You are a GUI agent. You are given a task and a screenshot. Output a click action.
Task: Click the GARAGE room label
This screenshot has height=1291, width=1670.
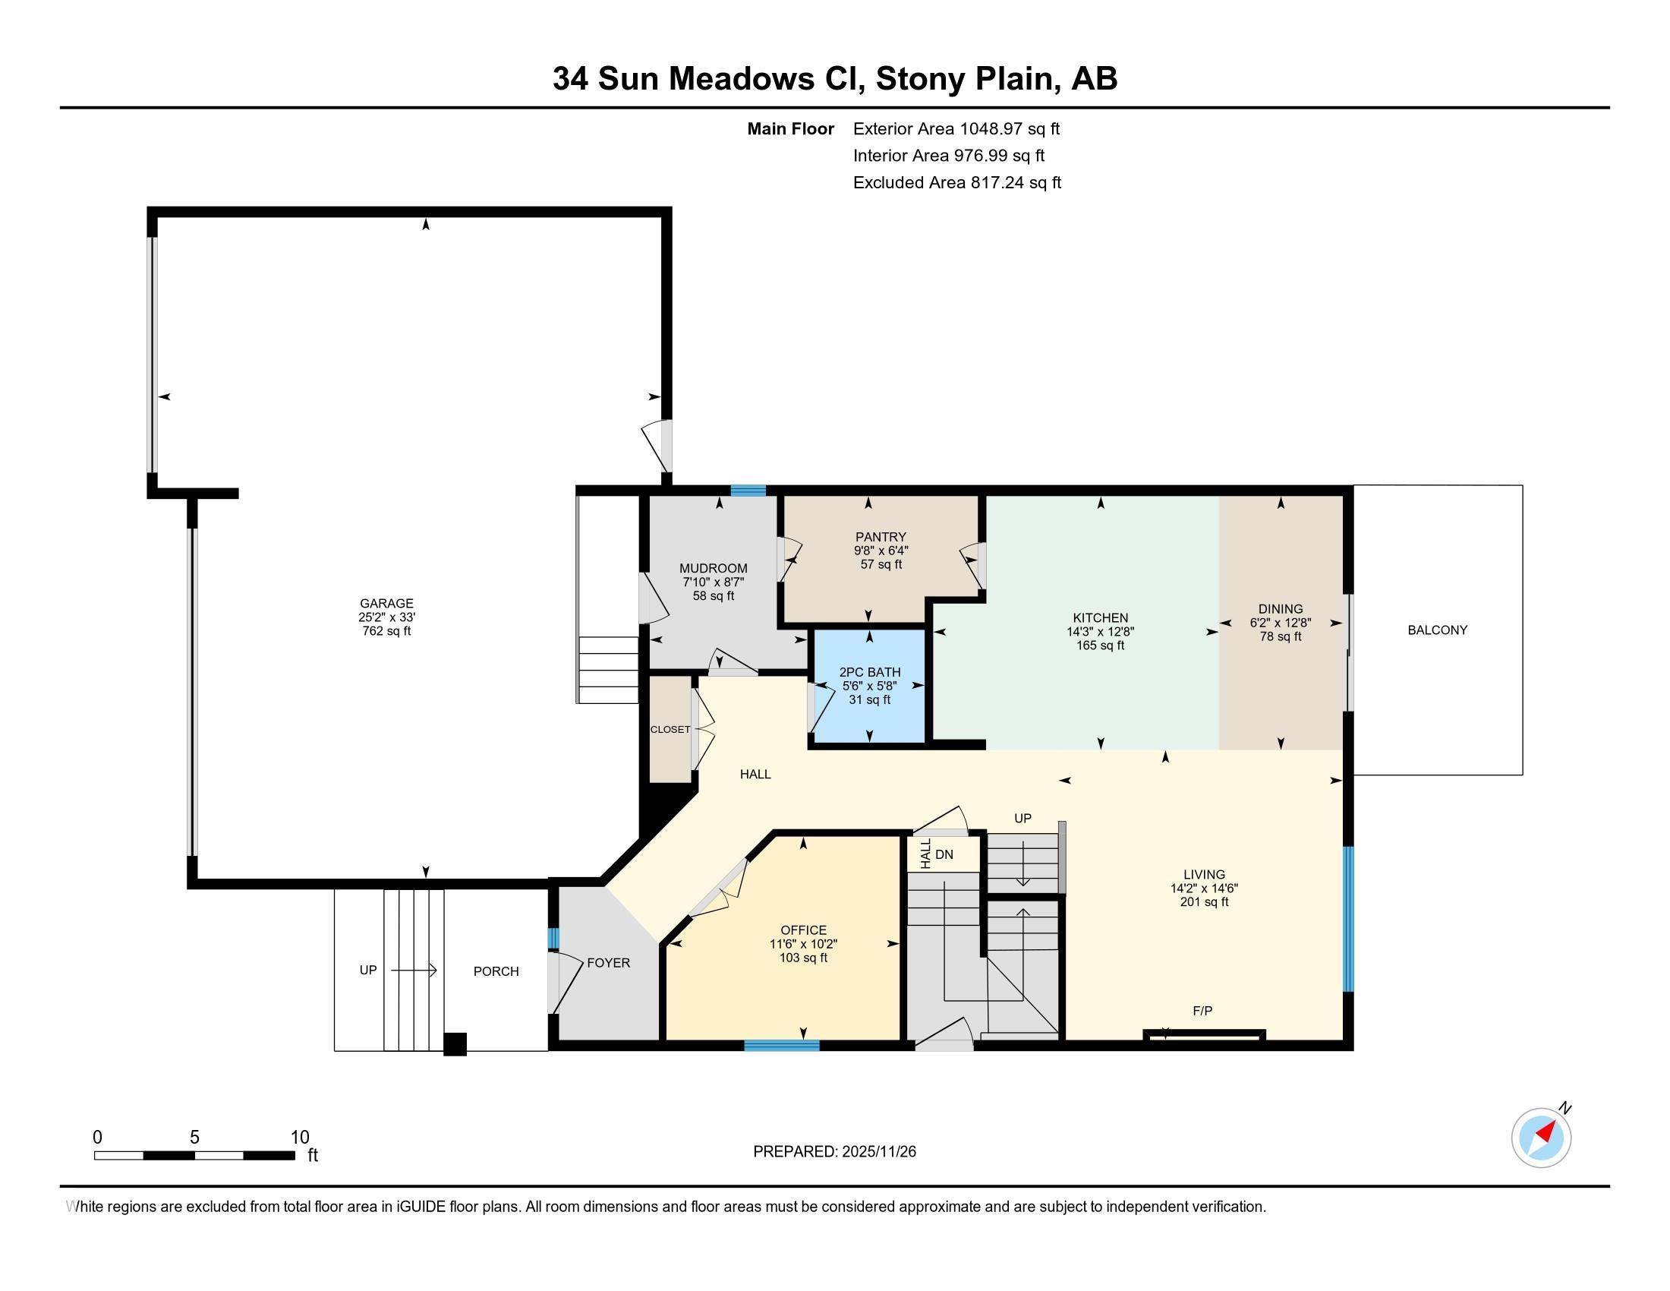pos(386,604)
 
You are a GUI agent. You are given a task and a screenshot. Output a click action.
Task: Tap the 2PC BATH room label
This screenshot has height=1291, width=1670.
pos(869,672)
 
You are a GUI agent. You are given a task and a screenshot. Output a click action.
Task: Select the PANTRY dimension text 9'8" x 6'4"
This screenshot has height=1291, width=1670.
pos(881,551)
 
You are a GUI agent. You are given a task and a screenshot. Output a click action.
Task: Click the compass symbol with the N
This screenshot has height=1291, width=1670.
pos(1541,1138)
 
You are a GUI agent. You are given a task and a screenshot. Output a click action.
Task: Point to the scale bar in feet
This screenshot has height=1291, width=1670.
pos(194,1155)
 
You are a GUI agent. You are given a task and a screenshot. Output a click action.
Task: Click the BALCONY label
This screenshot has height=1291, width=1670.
pos(1437,630)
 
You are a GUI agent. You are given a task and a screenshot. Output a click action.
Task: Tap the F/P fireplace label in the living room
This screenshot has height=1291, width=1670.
pos(1202,1011)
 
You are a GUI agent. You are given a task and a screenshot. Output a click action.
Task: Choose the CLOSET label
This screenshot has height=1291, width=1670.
pos(670,730)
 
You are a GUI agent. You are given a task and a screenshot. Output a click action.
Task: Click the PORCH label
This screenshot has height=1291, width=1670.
pos(496,971)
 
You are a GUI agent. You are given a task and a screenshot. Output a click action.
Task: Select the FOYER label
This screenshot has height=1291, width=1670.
pos(608,963)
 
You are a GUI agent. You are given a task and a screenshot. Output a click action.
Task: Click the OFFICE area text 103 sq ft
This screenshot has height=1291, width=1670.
pos(803,958)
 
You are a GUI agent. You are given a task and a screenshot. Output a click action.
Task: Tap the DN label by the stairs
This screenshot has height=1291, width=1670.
pos(944,854)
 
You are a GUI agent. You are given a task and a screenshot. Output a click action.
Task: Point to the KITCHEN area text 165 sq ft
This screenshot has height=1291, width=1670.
pos(1100,645)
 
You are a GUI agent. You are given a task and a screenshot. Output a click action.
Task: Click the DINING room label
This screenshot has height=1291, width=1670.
pos(1280,610)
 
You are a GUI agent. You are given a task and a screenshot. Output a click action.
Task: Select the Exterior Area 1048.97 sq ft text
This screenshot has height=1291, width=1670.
pos(956,128)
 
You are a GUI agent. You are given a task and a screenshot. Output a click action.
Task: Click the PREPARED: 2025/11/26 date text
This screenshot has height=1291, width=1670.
pos(834,1152)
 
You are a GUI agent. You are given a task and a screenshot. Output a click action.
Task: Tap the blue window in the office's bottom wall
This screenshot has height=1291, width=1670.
pos(781,1046)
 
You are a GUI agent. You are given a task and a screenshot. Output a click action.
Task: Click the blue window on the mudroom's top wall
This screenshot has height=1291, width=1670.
pos(747,491)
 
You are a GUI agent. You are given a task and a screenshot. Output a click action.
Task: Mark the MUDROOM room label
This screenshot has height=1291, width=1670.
pos(713,568)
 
